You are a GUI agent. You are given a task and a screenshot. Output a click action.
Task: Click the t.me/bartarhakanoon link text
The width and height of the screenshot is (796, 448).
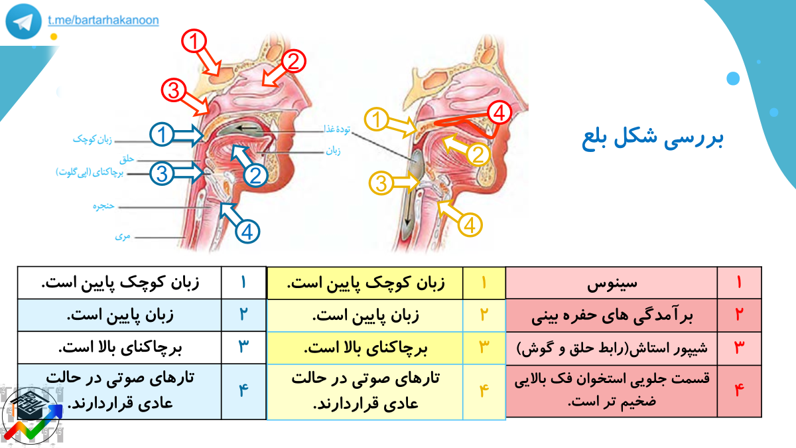[x=103, y=20]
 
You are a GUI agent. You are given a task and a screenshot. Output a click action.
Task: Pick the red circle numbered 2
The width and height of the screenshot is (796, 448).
[x=293, y=62]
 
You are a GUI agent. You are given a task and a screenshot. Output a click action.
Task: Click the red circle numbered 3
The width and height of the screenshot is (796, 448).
[x=173, y=90]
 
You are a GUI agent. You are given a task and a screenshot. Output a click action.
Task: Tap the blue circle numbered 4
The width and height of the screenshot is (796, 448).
[x=247, y=232]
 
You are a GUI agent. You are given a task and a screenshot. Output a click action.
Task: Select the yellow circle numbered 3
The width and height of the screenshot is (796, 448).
[x=381, y=183]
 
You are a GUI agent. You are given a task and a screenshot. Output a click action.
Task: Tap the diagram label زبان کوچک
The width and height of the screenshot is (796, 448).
[x=92, y=139]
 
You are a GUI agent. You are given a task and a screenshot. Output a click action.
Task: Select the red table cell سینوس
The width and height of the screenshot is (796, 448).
[x=612, y=283]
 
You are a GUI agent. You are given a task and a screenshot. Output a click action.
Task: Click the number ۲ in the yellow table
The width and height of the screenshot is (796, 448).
[x=484, y=315]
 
